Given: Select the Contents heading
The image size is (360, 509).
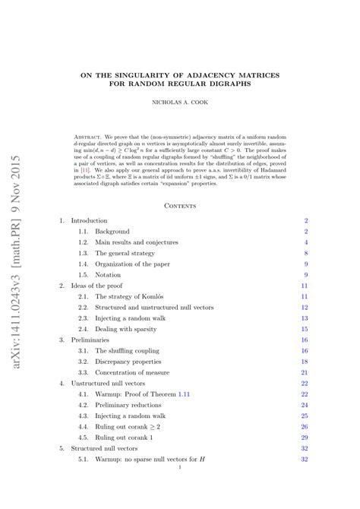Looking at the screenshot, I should pyautogui.click(x=180, y=205).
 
